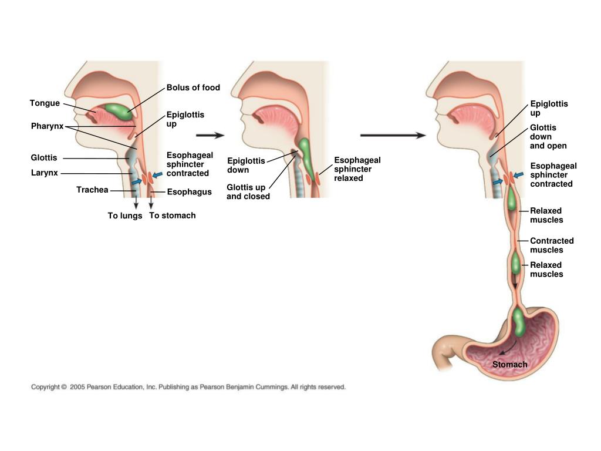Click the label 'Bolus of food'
tap(193, 87)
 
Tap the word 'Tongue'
tap(45, 103)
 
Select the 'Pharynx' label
tap(47, 126)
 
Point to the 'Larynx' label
tap(43, 173)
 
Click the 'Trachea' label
tap(92, 190)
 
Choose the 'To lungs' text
tap(125, 216)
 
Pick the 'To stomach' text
tap(173, 216)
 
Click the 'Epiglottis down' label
tap(246, 165)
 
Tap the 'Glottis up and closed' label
tap(248, 192)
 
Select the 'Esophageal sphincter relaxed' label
tap(357, 169)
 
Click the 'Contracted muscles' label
tap(552, 245)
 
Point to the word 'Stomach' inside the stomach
tap(509, 365)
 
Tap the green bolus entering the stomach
tap(519, 322)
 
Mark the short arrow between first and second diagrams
tap(210, 135)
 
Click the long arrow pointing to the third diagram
tap(393, 135)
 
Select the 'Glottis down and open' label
tap(548, 136)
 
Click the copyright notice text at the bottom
tap(188, 387)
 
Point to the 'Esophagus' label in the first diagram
tap(189, 192)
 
